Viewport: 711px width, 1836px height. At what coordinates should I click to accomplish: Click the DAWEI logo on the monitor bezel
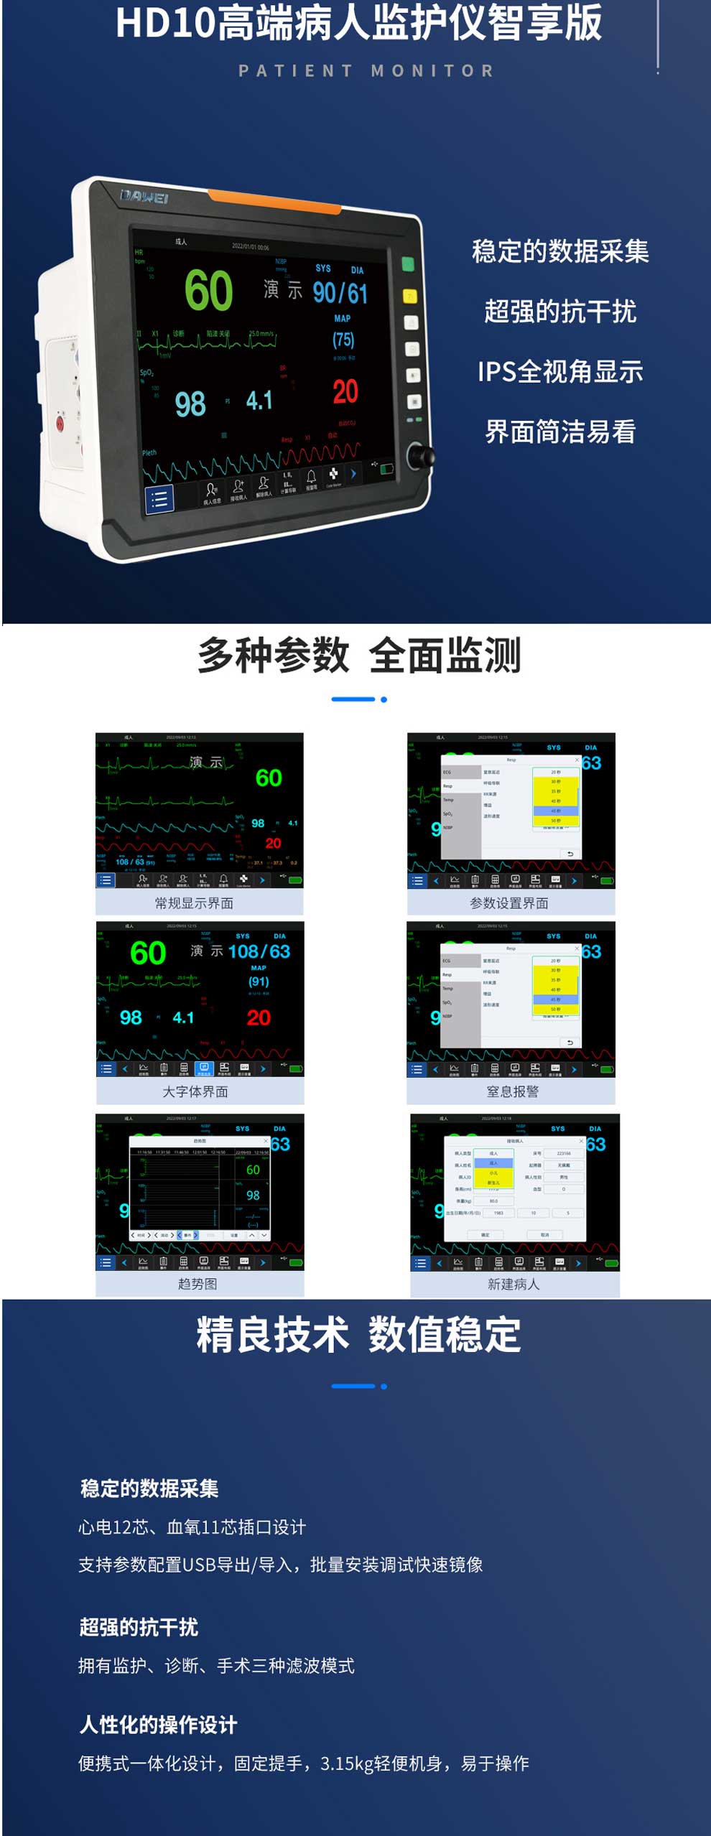coord(144,197)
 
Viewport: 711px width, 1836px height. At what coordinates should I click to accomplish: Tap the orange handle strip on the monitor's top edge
coord(275,202)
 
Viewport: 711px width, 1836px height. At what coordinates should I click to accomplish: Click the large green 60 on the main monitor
coord(209,291)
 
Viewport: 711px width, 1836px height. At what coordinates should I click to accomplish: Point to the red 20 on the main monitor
coord(345,392)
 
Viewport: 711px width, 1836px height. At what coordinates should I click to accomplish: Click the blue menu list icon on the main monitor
coord(159,498)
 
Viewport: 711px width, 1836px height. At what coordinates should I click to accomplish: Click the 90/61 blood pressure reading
coord(340,293)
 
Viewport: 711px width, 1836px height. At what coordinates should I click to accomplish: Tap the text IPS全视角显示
coord(560,372)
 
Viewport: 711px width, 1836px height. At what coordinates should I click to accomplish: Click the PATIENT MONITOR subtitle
coord(366,71)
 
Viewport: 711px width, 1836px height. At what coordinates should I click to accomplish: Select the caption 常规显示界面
coord(195,903)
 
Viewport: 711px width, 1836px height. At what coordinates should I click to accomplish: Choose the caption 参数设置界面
coord(509,903)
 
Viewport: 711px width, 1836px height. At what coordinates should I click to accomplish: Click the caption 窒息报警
coord(512,1091)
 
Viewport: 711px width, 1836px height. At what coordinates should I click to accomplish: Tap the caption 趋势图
coord(197,1284)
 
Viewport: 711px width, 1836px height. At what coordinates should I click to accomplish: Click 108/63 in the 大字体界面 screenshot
coord(259,951)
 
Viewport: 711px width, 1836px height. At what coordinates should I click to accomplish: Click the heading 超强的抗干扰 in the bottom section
coord(139,1627)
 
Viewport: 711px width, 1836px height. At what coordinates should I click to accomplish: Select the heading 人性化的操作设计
coord(158,1725)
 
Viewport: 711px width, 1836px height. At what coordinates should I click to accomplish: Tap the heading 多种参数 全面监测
coord(359,656)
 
